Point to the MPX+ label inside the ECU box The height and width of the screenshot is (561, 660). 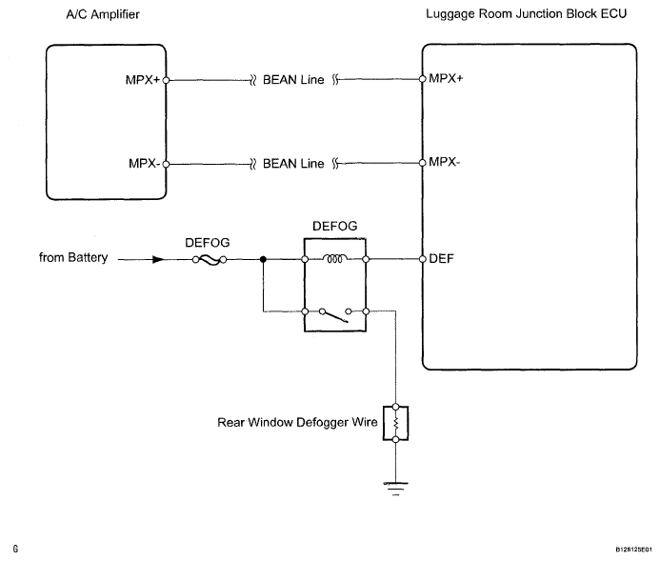(x=446, y=81)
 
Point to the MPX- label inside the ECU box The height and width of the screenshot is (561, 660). (x=445, y=163)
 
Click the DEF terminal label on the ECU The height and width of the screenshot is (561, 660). (x=440, y=258)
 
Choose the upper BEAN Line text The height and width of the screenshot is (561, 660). (x=293, y=81)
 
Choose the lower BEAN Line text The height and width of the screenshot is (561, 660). (x=293, y=163)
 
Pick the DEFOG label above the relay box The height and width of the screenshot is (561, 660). (x=335, y=229)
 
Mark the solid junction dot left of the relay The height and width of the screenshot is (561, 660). (x=263, y=258)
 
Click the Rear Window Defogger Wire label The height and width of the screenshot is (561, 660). (x=294, y=421)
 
